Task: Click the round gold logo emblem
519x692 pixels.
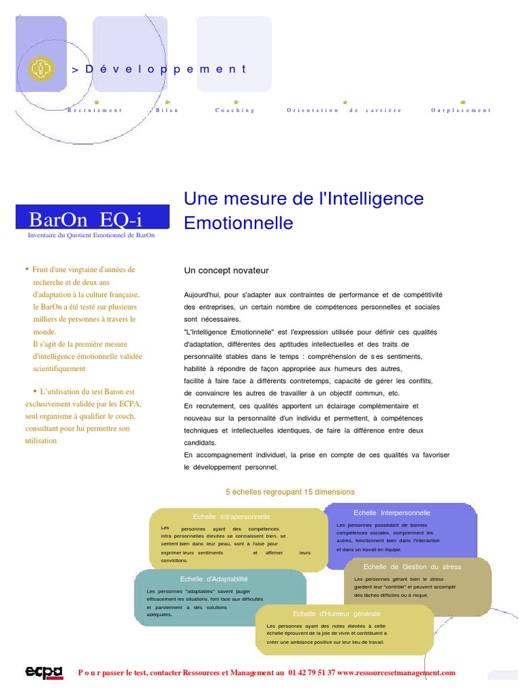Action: [41, 68]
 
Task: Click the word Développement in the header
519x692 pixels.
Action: [164, 69]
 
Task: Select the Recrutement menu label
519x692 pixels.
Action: [95, 110]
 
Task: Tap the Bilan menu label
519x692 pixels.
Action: [167, 110]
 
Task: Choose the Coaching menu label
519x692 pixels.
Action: [235, 110]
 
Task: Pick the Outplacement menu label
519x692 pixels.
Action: [461, 110]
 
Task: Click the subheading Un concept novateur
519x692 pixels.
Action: [226, 270]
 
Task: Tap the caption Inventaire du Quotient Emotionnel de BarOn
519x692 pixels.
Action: [91, 235]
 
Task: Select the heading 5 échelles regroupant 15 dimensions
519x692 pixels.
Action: [290, 492]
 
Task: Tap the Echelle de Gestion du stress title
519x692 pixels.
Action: [412, 567]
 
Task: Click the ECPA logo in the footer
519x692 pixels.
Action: [44, 672]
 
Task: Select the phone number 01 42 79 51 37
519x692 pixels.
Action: [311, 673]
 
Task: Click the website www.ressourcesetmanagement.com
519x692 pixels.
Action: [396, 673]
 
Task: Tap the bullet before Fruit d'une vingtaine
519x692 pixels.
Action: [27, 269]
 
